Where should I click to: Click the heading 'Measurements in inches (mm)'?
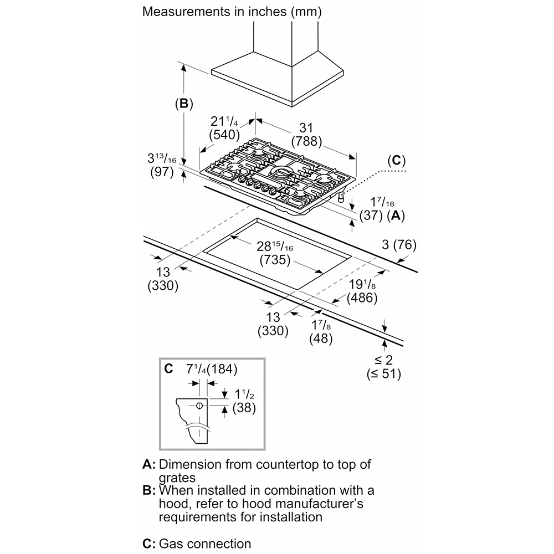pos(232,11)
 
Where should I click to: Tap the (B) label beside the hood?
pos(183,104)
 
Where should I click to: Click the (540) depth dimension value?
pos(224,134)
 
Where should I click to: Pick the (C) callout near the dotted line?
pos(396,161)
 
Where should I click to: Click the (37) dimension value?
pos(369,217)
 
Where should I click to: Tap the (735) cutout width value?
pos(275,260)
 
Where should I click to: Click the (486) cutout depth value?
pos(362,297)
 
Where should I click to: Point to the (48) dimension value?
pos(321,338)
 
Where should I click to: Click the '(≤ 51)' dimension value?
pos(383,373)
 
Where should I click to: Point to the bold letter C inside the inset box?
pos(168,368)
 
